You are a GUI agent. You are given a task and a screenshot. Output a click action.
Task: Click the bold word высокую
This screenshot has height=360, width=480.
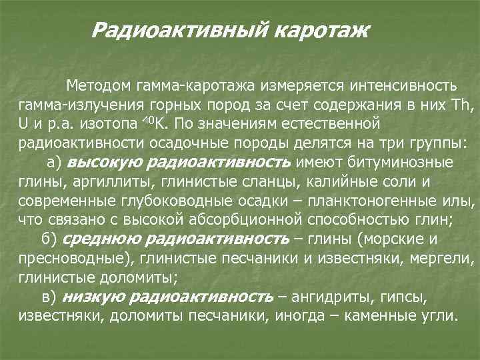pyautogui.click(x=104, y=162)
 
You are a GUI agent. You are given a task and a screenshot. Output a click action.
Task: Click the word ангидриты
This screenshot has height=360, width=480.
pyautogui.click(x=337, y=296)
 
